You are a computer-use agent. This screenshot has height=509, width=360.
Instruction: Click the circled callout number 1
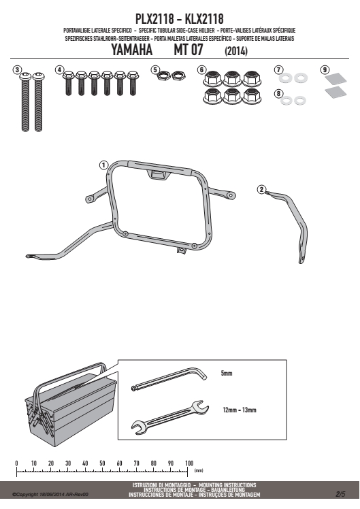(x=103, y=165)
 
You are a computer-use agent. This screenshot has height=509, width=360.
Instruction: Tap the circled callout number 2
(x=261, y=190)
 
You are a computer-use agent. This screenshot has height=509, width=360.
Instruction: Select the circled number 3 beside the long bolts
(x=17, y=70)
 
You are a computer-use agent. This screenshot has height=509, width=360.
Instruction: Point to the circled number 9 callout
(x=325, y=70)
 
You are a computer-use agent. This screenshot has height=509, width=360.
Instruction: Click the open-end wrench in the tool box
(x=169, y=417)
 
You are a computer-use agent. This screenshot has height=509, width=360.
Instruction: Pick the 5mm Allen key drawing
(x=169, y=378)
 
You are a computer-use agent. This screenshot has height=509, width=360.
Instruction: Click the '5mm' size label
(x=227, y=374)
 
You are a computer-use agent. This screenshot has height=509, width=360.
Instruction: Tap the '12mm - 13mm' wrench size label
(x=240, y=410)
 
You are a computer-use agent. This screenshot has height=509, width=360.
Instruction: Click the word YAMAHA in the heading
(x=132, y=50)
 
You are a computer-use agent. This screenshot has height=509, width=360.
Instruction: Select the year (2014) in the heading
(x=236, y=51)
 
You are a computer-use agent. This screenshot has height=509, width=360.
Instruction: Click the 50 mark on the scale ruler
(x=102, y=463)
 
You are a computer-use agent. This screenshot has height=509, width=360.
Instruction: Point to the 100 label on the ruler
(x=189, y=463)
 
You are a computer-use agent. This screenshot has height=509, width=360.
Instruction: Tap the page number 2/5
(x=340, y=494)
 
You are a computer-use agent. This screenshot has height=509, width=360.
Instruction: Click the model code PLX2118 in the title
(x=154, y=19)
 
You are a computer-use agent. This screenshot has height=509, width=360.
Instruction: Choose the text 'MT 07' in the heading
(x=189, y=50)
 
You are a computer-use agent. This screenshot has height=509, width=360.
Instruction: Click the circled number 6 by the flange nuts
(x=201, y=70)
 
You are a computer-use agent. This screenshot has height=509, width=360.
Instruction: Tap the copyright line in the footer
(x=50, y=495)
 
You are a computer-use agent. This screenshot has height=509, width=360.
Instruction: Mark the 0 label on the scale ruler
(x=16, y=463)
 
